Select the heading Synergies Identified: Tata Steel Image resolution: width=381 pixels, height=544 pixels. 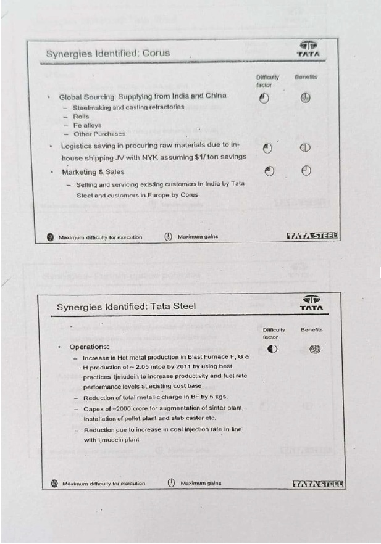126,307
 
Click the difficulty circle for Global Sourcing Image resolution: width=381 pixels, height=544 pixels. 264,98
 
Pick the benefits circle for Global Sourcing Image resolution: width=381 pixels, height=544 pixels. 305,98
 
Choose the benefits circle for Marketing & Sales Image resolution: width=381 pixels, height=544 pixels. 306,171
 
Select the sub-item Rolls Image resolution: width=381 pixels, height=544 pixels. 81,116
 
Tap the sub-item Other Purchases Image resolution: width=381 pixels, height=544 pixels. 99,134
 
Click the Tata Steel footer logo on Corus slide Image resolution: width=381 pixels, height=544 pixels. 313,236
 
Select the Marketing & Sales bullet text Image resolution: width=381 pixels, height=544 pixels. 93,172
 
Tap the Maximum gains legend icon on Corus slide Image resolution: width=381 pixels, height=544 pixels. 168,237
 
